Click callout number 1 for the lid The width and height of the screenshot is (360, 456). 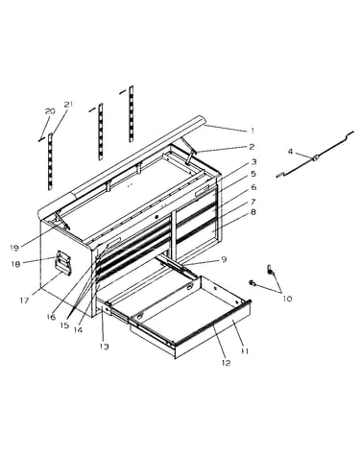pos(252,131)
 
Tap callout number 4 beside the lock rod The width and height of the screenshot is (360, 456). pos(290,151)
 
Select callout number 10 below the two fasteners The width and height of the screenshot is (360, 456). pos(287,299)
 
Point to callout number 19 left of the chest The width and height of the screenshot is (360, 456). pos(14,247)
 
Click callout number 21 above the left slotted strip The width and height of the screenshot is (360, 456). pos(68,105)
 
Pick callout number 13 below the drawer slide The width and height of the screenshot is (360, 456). pos(105,347)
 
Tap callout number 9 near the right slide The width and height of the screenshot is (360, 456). pos(224,259)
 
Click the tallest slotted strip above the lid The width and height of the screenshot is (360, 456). pos(131,113)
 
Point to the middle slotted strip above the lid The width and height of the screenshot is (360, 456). pos(101,132)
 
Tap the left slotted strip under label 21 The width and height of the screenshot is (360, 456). pos(50,161)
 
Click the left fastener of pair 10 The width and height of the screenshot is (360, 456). pos(252,282)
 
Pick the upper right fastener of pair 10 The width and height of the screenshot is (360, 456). pos(271,270)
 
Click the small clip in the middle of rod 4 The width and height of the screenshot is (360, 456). pos(316,157)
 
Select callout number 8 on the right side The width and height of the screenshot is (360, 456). pos(253,212)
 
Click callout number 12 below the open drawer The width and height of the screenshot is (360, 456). pos(226,363)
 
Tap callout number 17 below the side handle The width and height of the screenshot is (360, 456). pos(25,300)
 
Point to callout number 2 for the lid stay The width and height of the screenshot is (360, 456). pos(252,147)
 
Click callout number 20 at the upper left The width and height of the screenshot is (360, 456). pos(50,111)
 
